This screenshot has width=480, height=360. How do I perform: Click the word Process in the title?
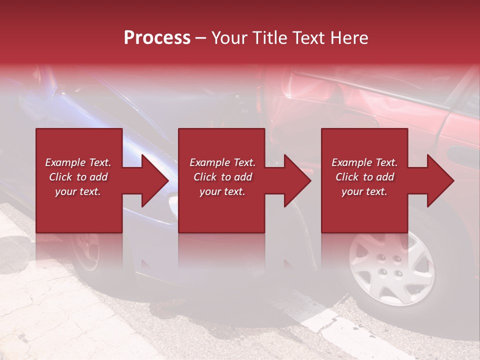click(157, 38)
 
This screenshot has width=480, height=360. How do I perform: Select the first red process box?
click(79, 210)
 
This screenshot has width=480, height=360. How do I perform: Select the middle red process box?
click(221, 210)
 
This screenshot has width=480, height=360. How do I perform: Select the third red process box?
click(364, 210)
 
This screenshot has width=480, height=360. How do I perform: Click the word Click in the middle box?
click(205, 177)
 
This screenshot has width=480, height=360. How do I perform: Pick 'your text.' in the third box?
click(364, 191)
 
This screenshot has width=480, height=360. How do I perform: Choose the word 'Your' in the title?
click(228, 38)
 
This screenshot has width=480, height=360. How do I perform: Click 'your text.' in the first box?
click(77, 191)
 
